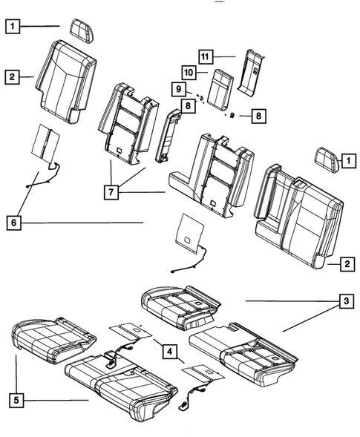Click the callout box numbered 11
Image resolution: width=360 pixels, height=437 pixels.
pyautogui.click(x=206, y=56)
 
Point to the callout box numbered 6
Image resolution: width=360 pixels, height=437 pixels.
pyautogui.click(x=13, y=221)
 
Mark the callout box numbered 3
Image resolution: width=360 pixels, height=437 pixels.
pyautogui.click(x=344, y=301)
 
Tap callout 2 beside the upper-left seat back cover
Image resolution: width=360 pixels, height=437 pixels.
pyautogui.click(x=13, y=76)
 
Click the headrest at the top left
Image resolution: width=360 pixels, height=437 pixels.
pyautogui.click(x=79, y=29)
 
